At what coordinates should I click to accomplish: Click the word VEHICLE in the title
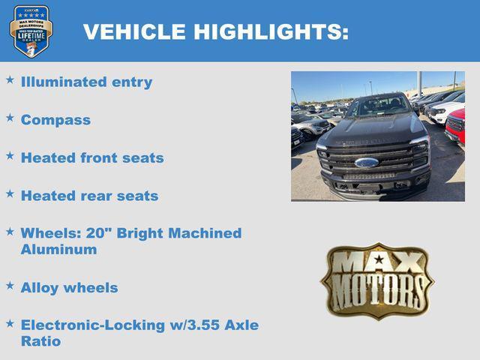coord(134,32)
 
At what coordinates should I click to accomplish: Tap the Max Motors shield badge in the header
coord(31,31)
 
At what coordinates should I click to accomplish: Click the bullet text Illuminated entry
coord(86,82)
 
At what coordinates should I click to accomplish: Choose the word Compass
coord(55,120)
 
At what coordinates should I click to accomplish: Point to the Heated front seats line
coord(92,158)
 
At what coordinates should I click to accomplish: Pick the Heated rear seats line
coord(89,196)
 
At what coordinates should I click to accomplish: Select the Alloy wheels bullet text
coord(69,287)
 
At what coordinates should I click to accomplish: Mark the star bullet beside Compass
coord(10,117)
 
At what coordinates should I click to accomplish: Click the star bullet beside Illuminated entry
coord(10,79)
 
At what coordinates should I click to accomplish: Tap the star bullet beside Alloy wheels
coord(10,285)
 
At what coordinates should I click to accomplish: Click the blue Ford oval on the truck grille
coord(367,162)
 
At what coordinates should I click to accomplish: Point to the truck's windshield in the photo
coord(377,108)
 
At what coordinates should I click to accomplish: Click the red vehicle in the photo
coord(455,125)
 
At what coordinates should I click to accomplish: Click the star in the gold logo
coord(379,259)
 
